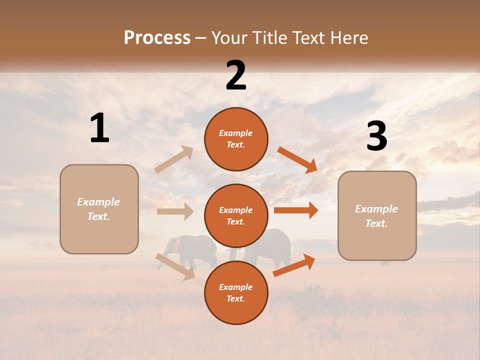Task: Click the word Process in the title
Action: point(157,37)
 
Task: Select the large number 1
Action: point(99,128)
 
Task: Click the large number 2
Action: point(236,76)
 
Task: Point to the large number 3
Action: point(376,136)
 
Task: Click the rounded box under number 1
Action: point(99,209)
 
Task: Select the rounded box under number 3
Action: point(377,215)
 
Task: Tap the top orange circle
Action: point(236,139)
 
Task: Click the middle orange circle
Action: point(236,216)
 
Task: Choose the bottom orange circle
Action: point(236,293)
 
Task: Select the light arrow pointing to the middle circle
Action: point(175,211)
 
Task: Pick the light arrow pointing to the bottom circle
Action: point(175,266)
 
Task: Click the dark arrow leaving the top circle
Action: point(297,159)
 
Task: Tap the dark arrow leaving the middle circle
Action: point(296,210)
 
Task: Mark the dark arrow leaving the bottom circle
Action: point(294,265)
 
